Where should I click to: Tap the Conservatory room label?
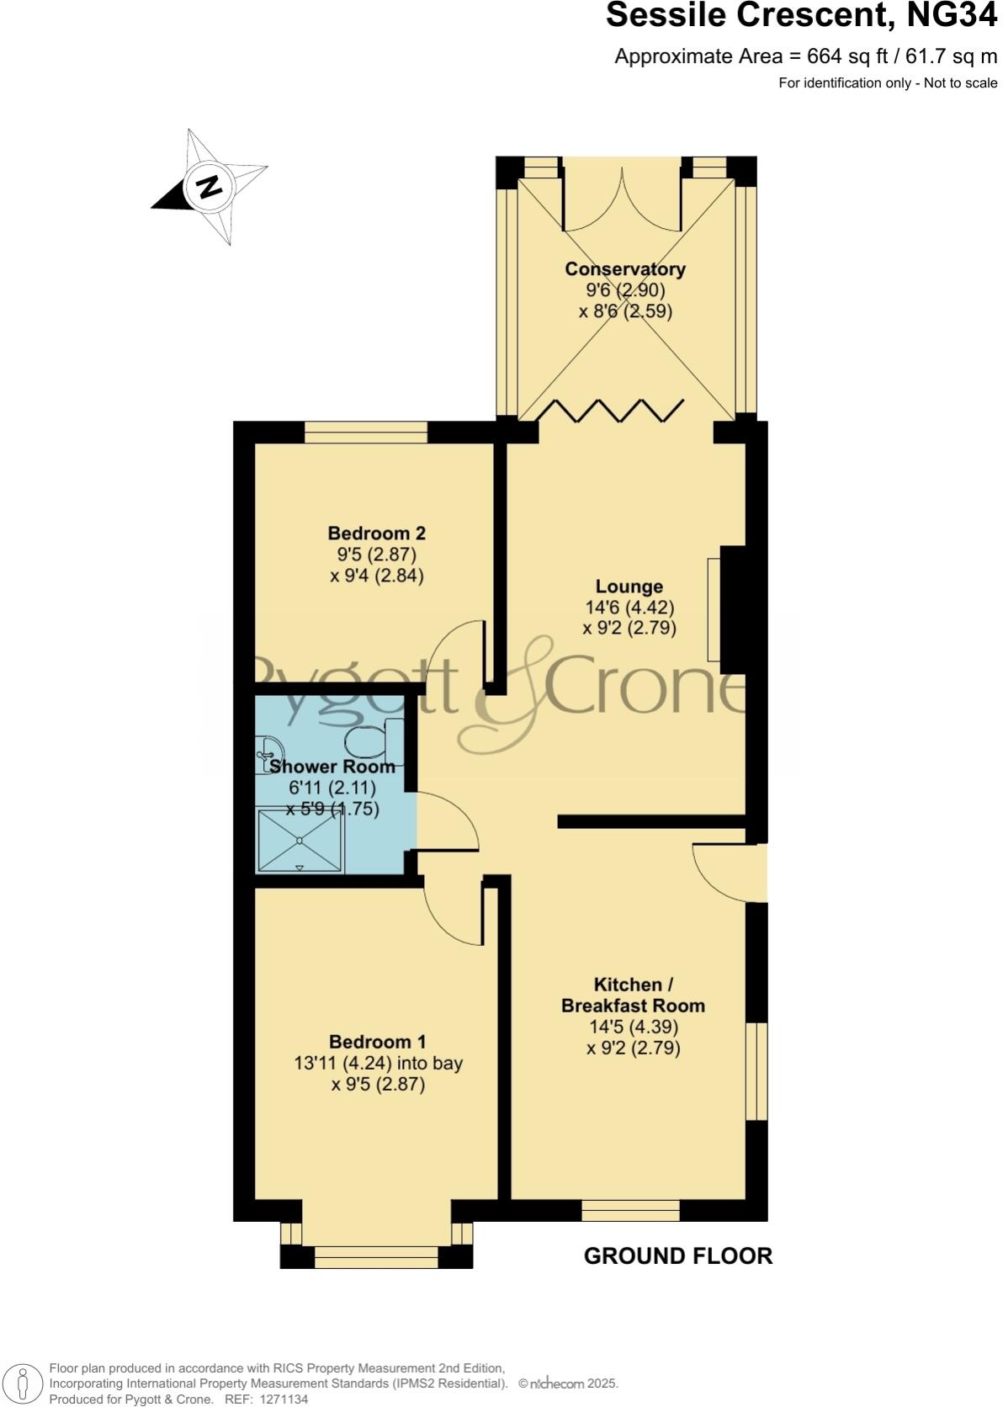[x=625, y=269]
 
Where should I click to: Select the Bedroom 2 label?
[x=376, y=533]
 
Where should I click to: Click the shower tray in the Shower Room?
[x=300, y=841]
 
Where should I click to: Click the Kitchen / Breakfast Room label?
[x=633, y=995]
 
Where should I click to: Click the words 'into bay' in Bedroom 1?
[x=430, y=1063]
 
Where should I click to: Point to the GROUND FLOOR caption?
[x=677, y=1256]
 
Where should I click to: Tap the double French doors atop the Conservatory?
[x=623, y=202]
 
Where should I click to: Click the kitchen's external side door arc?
[x=724, y=875]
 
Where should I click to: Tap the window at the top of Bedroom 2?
[x=366, y=432]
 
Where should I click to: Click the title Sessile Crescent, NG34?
[x=801, y=17]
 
